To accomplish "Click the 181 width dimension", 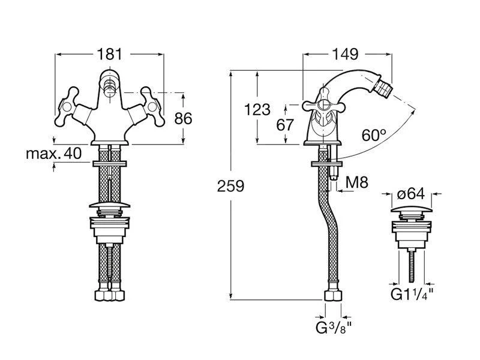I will [109, 54].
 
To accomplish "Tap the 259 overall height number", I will [230, 186].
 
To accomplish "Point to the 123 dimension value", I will [257, 109].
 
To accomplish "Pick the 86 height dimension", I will [182, 118].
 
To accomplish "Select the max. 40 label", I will [53, 154].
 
